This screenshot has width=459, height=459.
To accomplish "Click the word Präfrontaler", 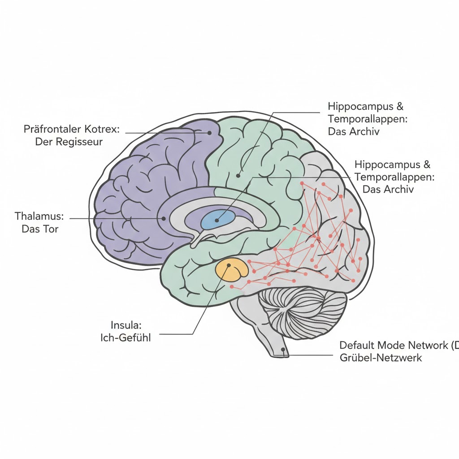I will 52,130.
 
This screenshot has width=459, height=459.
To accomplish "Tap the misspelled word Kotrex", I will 101,130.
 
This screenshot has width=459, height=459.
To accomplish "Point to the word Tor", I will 52,229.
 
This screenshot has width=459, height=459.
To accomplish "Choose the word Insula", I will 121,325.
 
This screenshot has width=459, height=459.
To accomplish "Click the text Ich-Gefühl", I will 126,338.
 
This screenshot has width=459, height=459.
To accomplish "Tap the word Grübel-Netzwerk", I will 381,358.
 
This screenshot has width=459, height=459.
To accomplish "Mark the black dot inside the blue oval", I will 217,220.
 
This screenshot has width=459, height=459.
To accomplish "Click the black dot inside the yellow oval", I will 229,265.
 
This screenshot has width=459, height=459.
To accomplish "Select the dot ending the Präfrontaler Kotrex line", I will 209,133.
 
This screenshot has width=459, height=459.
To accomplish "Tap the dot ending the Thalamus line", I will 164,219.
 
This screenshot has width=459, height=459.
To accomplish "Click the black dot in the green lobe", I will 238,176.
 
